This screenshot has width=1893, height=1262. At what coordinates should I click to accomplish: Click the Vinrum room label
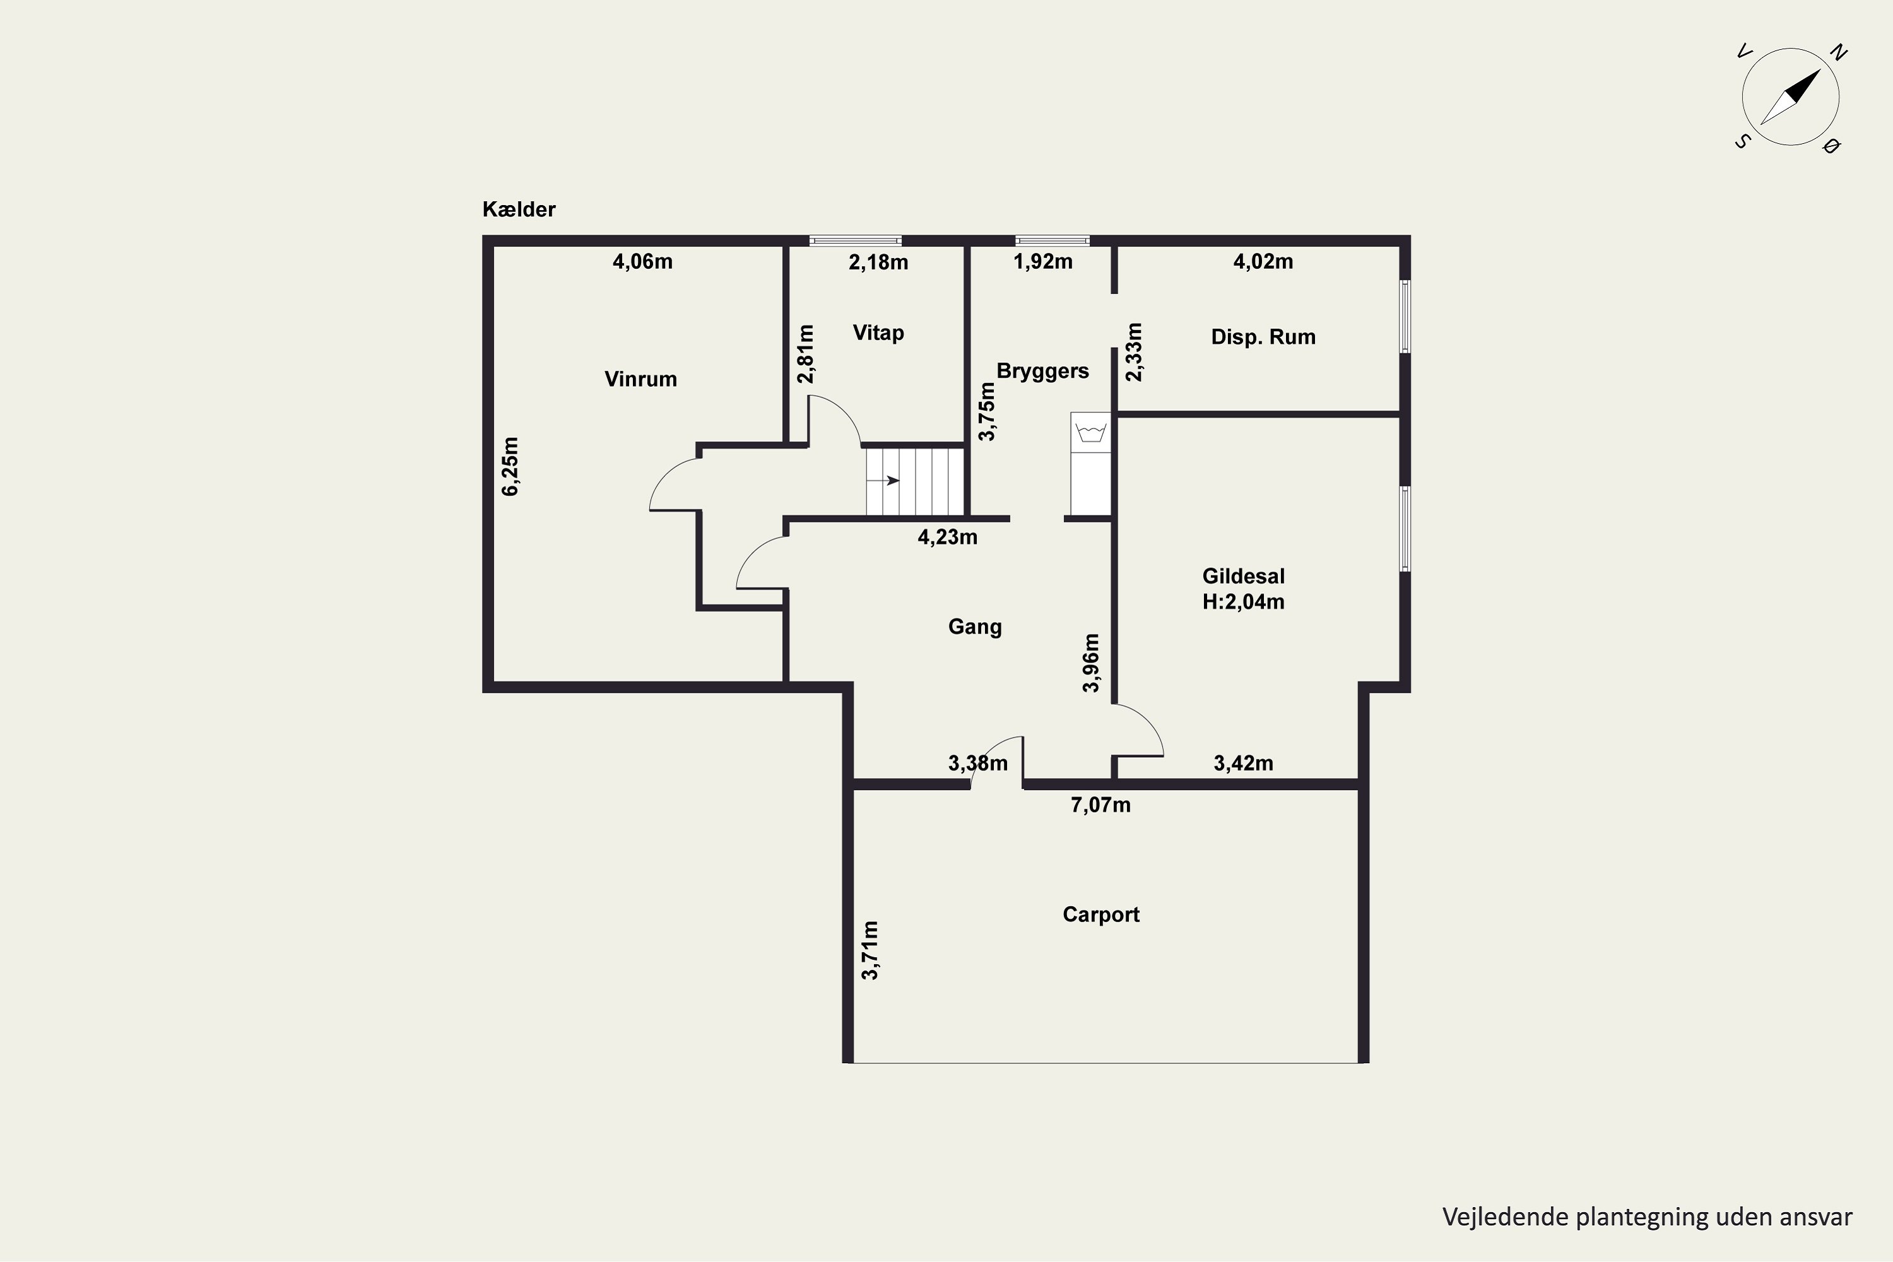tap(640, 379)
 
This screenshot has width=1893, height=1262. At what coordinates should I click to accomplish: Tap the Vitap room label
tap(878, 333)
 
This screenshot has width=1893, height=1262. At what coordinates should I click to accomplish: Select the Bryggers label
tap(1042, 372)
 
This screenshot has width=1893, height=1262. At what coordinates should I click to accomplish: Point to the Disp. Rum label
tap(1263, 337)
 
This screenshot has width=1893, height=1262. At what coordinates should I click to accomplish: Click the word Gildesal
tap(1244, 576)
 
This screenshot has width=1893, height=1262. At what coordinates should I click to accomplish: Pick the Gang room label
tap(975, 628)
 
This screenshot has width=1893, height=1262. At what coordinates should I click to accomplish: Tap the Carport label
tap(1101, 915)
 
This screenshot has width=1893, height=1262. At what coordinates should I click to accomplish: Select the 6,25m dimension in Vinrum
tap(510, 467)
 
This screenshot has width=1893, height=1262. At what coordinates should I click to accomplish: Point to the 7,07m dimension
tap(1100, 806)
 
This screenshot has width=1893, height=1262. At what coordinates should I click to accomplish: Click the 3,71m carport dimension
tap(870, 950)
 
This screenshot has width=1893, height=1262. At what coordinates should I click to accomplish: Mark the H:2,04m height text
tap(1244, 602)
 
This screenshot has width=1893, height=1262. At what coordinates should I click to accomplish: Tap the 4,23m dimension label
tap(947, 538)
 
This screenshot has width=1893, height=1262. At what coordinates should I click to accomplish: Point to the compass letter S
tap(1742, 141)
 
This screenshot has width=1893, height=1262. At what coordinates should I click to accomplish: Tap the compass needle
tap(1791, 97)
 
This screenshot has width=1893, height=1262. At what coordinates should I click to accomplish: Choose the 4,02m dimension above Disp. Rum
tap(1263, 262)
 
